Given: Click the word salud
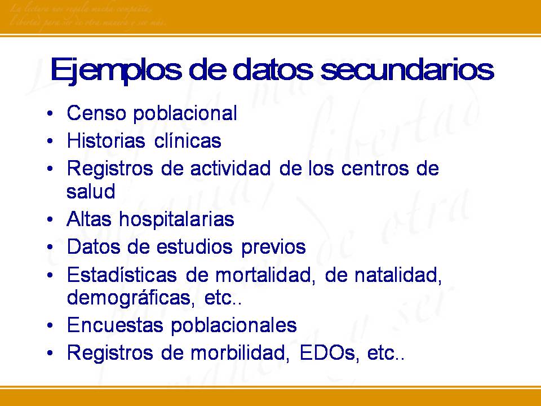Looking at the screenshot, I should (91, 191).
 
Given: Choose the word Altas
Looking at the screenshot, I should (88, 219).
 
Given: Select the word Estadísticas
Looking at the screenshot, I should (121, 275).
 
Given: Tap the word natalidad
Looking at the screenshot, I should (396, 275).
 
